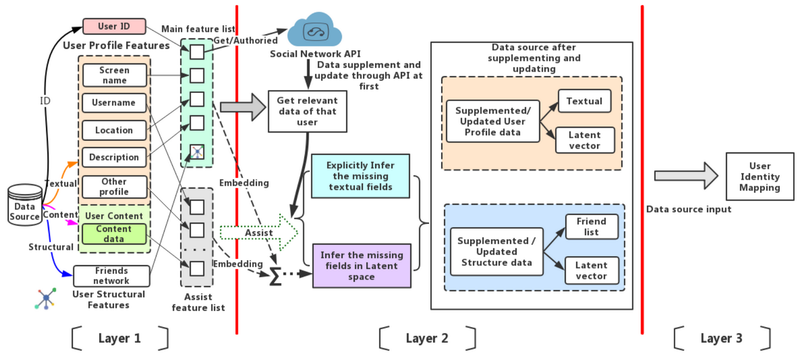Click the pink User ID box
[114, 26]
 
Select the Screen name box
[114, 75]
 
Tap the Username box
[114, 103]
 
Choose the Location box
[114, 130]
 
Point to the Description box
[114, 157]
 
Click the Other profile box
[114, 187]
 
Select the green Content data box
[114, 234]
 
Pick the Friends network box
[111, 276]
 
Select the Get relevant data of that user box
[307, 111]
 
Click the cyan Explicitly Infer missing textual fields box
[360, 176]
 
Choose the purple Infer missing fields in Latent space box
[362, 266]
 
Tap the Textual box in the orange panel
[584, 101]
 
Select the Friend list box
[591, 226]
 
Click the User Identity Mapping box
[759, 176]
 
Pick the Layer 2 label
[427, 338]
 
